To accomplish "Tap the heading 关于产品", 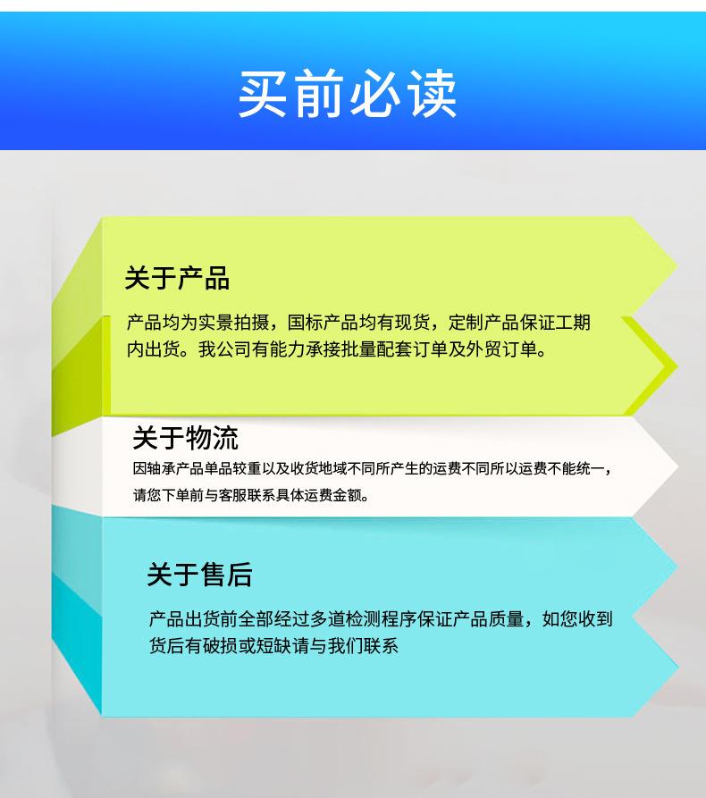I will [177, 278].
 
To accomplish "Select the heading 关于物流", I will [185, 438].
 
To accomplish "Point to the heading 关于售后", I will [199, 575].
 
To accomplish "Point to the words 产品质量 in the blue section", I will [490, 618].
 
